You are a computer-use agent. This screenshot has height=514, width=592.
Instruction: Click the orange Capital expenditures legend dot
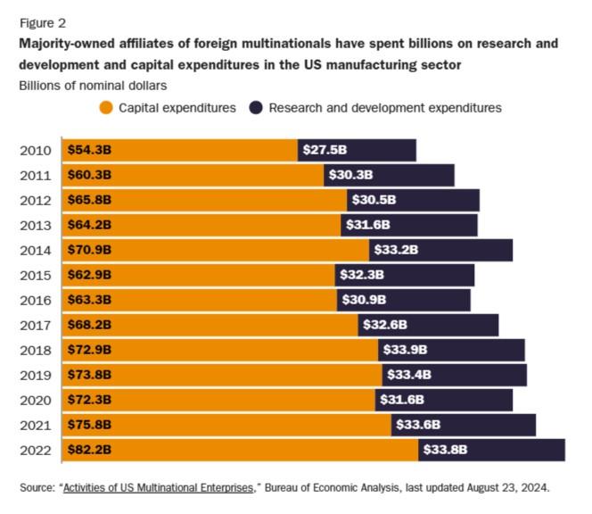tap(106, 108)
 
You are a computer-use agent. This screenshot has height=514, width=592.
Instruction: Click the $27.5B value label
tap(325, 150)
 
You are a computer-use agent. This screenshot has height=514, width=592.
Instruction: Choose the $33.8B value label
tap(445, 450)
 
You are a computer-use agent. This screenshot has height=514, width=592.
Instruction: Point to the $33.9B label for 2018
tap(405, 350)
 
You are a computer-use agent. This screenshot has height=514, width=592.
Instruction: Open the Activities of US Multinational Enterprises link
tap(159, 488)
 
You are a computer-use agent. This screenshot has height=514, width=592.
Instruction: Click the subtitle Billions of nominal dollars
tap(93, 86)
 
